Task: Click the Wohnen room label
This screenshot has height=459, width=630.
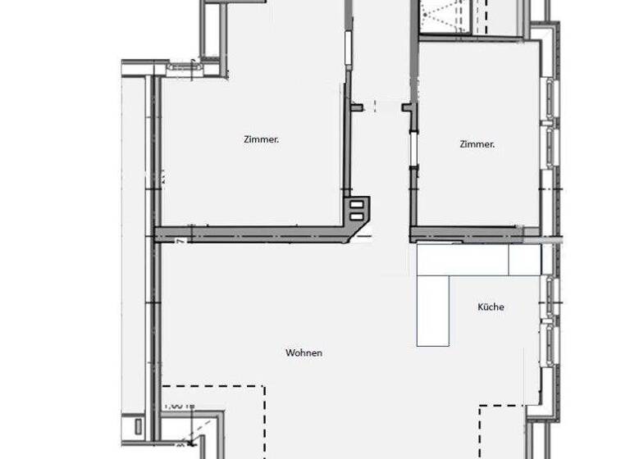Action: [304, 353]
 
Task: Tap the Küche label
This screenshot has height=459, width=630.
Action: [491, 307]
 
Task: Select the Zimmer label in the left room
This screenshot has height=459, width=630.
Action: [261, 139]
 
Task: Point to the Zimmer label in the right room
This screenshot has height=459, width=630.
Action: [477, 144]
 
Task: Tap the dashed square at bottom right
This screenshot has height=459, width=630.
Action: [502, 431]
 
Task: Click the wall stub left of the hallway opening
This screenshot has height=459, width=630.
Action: [357, 107]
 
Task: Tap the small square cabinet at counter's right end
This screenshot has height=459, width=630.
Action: [523, 260]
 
